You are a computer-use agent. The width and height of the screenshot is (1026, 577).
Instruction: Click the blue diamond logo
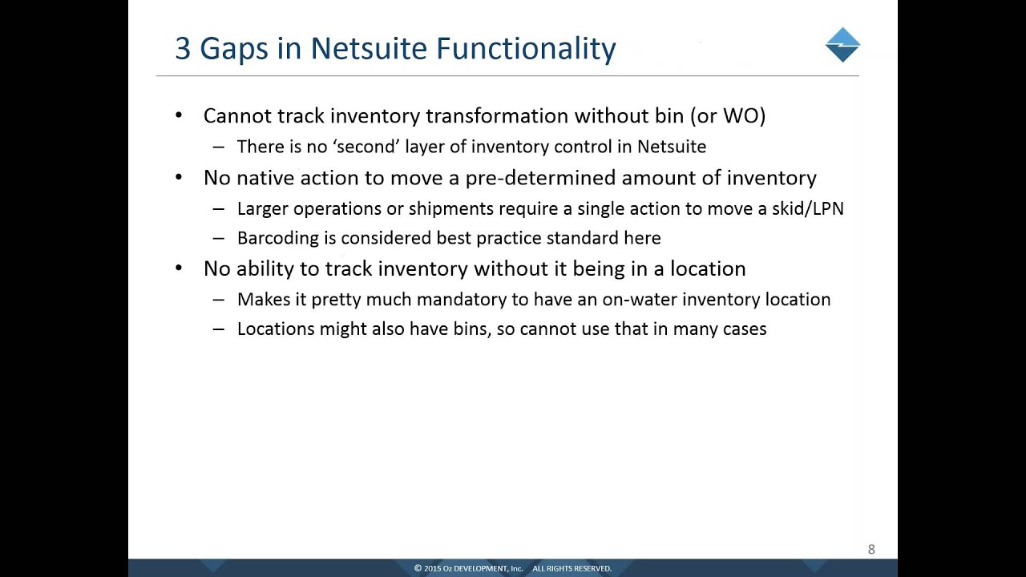pos(842,45)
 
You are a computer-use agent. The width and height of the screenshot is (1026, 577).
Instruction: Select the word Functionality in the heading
pos(526,49)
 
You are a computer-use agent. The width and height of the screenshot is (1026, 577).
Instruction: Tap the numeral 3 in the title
pos(183,49)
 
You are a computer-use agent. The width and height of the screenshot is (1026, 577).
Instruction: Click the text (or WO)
pos(728,115)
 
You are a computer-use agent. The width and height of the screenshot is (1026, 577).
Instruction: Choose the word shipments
pos(450,208)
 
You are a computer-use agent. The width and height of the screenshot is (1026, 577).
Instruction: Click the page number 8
pos(871,550)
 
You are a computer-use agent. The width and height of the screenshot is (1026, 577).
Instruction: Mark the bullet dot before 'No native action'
pos(179,177)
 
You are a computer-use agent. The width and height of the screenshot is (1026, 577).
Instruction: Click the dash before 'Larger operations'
pos(219,208)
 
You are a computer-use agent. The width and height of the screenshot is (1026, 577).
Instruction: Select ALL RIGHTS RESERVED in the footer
pos(572,568)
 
